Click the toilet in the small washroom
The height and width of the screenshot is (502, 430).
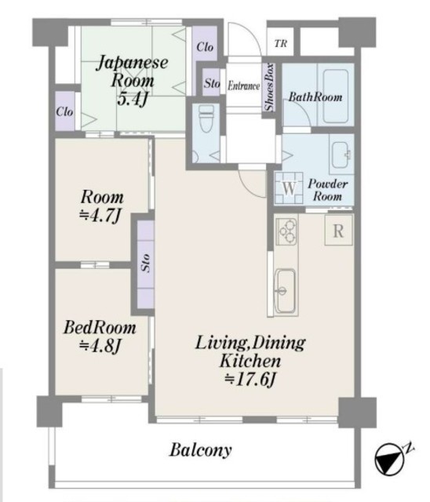pos(206,118)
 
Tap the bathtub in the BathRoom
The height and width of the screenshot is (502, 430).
pos(336,96)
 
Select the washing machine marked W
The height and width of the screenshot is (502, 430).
pos(289,187)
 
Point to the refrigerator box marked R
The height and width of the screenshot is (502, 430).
pos(339,230)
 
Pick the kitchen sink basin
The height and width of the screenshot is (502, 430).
pos(285,291)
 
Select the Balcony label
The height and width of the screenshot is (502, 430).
pos(200,449)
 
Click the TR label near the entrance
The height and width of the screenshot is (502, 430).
pos(281,43)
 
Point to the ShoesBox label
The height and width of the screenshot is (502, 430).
pos(269,87)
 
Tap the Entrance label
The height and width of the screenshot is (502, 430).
pos(243,85)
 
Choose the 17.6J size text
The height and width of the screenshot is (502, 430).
pos(250,380)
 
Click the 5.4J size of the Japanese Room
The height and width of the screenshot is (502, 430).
pos(133,99)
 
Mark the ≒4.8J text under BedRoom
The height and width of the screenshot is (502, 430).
pos(100,345)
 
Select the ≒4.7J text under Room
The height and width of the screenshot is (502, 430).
pos(100,215)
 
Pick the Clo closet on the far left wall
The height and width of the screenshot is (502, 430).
pos(64,111)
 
